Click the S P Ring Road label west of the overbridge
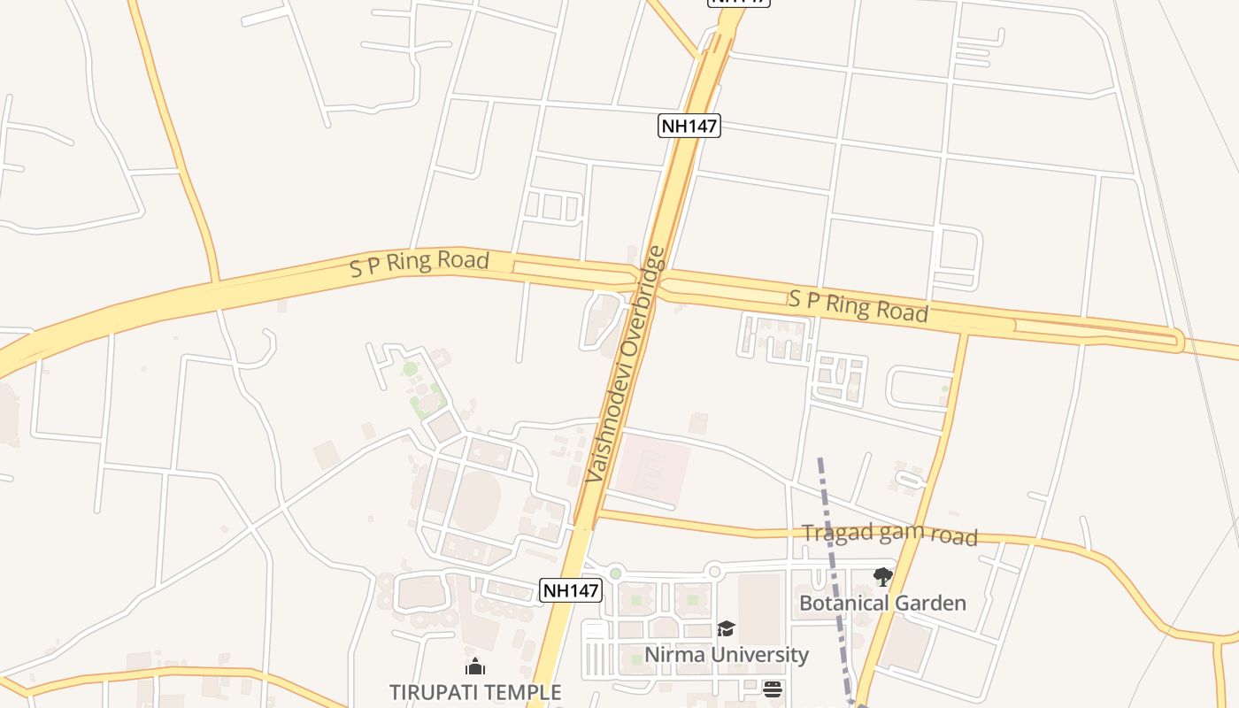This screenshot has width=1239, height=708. [419, 264]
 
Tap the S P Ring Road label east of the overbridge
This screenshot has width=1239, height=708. [858, 304]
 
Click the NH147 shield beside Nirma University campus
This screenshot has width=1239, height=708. [571, 590]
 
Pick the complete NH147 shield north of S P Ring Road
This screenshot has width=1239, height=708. [689, 126]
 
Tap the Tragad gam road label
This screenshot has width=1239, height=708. [889, 534]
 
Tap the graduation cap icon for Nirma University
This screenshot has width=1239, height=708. [726, 629]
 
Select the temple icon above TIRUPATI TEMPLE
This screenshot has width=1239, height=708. [475, 666]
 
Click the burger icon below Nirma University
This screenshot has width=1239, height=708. [773, 689]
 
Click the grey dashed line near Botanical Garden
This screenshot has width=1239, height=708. [833, 549]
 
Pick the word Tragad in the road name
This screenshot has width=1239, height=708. [831, 533]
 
